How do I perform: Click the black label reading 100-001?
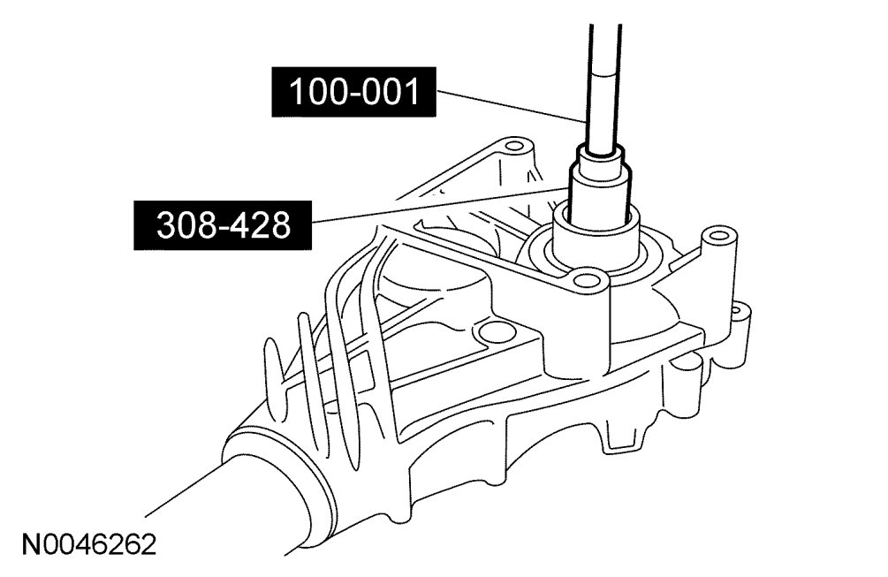(x=353, y=92)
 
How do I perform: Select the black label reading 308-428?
(x=222, y=224)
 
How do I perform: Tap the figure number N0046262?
(x=89, y=544)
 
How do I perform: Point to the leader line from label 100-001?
(x=511, y=106)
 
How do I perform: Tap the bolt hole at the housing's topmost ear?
(x=514, y=146)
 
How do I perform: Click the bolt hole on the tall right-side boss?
(x=719, y=234)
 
